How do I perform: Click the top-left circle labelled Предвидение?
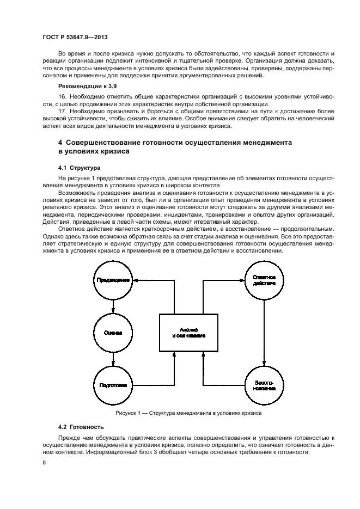coord(113,280)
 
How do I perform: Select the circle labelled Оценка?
coord(113,333)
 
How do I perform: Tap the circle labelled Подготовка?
coord(113,385)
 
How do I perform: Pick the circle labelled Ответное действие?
coord(264,280)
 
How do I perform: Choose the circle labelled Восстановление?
coord(264,385)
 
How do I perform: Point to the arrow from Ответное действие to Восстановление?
coord(264,333)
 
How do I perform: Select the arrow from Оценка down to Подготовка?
coord(113,359)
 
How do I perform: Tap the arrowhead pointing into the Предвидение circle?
coord(136,280)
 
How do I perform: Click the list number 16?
coord(62,96)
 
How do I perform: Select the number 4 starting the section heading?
coord(60,143)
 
